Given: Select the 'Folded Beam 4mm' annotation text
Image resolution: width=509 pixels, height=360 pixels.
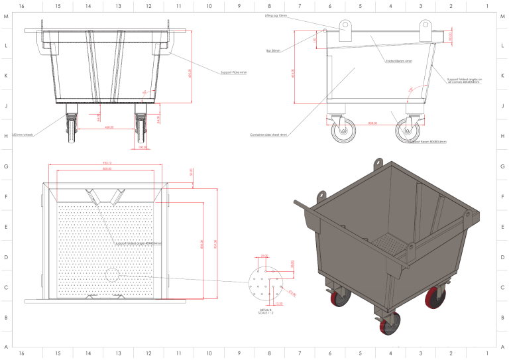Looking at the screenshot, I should [x=399, y=60].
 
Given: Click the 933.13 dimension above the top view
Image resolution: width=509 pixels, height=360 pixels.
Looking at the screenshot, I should [x=107, y=163].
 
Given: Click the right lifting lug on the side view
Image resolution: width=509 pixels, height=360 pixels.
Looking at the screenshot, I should [x=425, y=29].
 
